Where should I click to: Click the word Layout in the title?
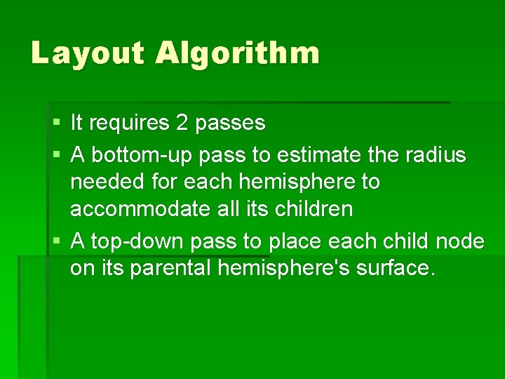tap(86, 53)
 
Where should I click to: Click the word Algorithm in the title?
tap(238, 53)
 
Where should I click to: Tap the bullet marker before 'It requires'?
tap(57, 124)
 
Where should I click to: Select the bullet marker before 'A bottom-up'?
tap(57, 154)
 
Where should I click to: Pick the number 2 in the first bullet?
tap(182, 123)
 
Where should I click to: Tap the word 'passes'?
tap(231, 124)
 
